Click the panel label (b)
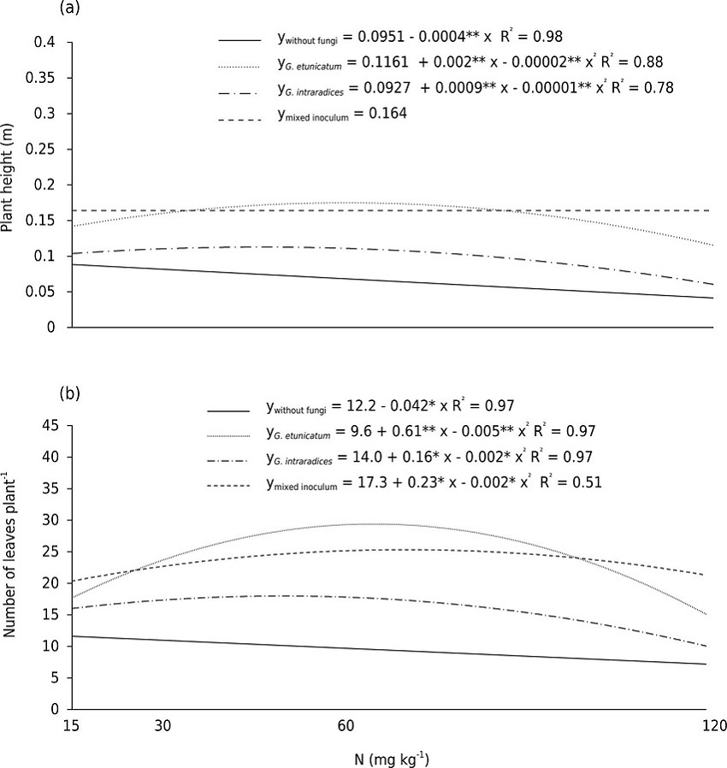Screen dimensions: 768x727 coord(68,394)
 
